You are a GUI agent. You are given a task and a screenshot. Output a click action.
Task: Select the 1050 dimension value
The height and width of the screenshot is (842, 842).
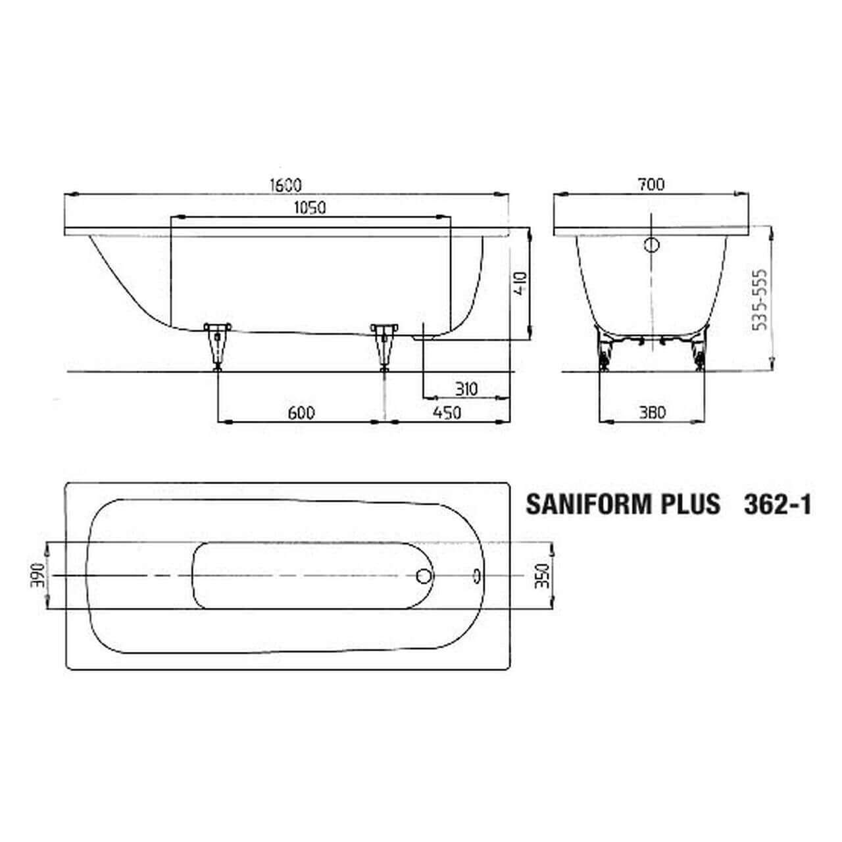310,208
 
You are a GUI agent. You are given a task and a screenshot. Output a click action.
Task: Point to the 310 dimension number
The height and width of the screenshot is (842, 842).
466,389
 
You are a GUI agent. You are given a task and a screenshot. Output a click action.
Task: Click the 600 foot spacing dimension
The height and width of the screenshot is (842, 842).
301,412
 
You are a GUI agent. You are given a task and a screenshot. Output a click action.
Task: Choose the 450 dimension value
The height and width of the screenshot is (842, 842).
447,412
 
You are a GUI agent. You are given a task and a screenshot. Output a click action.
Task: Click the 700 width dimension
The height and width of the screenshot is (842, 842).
651,185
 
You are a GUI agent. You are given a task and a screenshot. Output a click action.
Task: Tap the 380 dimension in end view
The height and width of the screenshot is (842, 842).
652,412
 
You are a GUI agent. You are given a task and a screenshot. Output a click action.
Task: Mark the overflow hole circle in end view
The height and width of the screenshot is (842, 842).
651,245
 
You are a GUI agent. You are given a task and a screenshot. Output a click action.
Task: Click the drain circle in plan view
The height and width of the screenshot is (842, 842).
424,576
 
